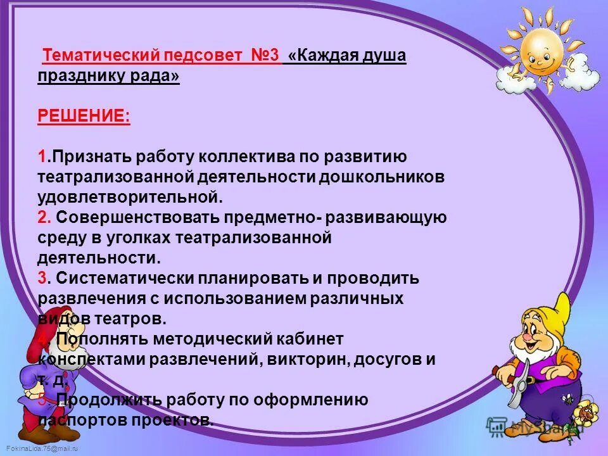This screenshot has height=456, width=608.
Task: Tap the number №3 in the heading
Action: tap(262, 56)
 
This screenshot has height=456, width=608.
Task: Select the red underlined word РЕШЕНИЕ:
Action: tap(84, 116)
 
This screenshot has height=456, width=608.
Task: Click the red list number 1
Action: tap(41, 156)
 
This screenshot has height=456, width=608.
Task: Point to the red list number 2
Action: tap(43, 218)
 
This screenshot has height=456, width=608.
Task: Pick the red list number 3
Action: tap(42, 279)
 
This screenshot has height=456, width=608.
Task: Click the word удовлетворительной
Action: tap(130, 197)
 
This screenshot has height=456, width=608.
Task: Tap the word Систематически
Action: tap(126, 279)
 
